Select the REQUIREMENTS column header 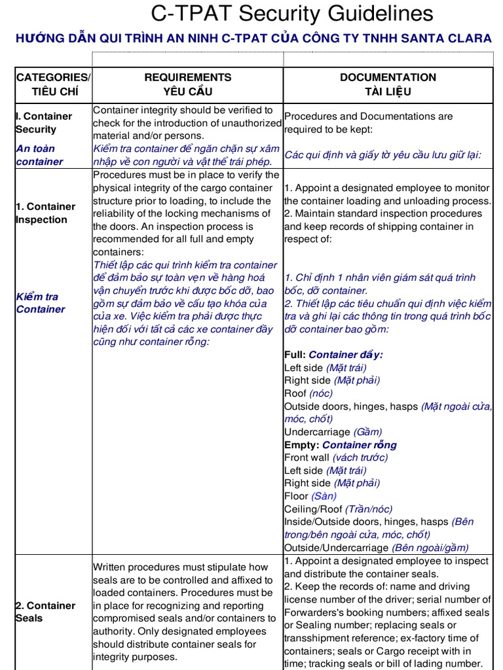188,77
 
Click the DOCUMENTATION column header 388,77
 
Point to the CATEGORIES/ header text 53,77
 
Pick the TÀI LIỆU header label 388,92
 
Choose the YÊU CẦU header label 188,92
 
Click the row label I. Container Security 43,122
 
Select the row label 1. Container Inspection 45,213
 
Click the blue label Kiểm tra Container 41,302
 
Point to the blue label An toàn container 39,155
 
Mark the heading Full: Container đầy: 333,355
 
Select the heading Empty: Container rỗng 340,445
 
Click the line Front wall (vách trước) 336,457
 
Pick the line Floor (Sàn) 310,496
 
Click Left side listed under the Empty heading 303,470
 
